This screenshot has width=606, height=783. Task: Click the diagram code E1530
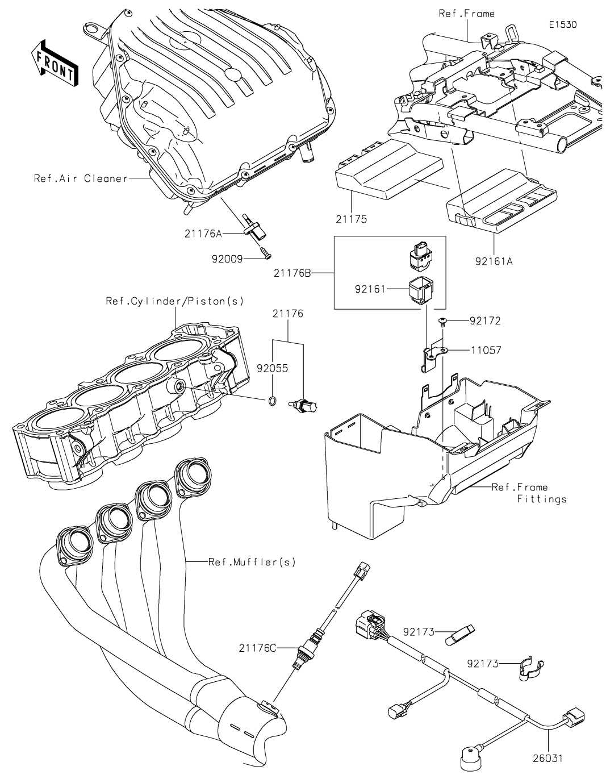(x=563, y=25)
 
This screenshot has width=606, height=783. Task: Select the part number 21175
(x=351, y=219)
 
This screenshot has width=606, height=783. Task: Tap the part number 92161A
(x=494, y=262)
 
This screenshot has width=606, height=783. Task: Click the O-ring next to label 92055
(x=272, y=402)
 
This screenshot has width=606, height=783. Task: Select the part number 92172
(x=485, y=321)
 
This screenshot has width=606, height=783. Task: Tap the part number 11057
(x=485, y=350)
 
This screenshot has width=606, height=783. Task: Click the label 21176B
(x=292, y=273)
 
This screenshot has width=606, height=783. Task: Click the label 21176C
(x=258, y=647)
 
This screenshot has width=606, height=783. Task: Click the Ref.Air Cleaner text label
(x=81, y=178)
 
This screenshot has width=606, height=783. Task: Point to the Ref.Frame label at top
(x=466, y=13)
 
